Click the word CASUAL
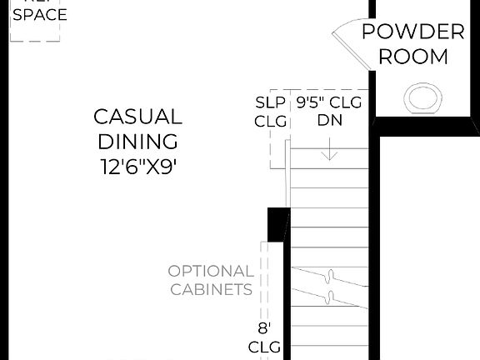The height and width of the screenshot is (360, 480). [137, 116]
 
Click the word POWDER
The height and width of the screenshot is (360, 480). [412, 32]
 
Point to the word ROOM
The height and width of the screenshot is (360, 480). [412, 57]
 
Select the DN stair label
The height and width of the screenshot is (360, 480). [329, 120]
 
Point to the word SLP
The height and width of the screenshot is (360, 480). [270, 103]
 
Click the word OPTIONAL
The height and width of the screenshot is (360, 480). [211, 271]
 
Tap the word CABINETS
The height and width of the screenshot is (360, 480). [211, 290]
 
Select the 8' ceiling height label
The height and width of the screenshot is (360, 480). [264, 328]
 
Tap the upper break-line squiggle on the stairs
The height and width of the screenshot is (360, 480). [331, 276]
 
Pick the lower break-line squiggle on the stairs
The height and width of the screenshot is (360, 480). [331, 297]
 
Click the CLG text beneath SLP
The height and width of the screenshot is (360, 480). [270, 121]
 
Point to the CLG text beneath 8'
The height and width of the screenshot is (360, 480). [264, 346]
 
